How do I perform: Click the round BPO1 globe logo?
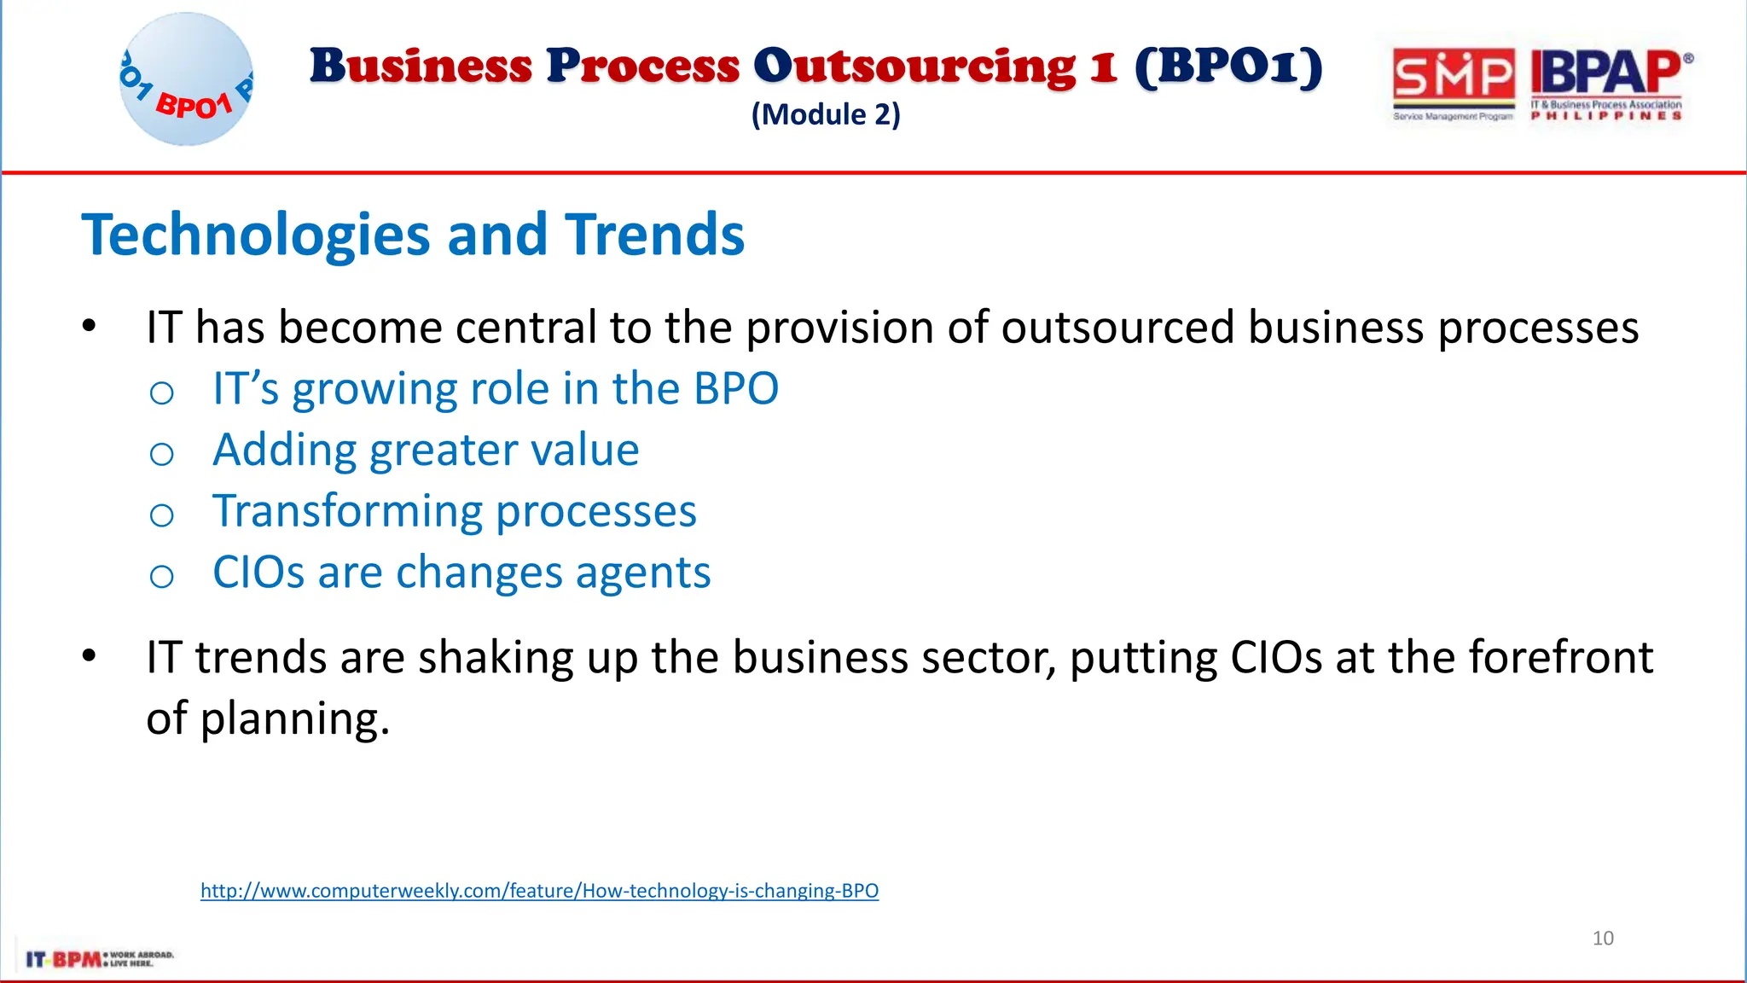click(186, 79)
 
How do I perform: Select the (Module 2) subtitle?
click(825, 114)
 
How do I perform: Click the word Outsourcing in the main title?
click(914, 67)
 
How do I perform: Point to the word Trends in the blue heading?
click(654, 235)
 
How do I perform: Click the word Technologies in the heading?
click(255, 235)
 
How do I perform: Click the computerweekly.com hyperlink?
click(539, 891)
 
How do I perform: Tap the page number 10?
click(1603, 939)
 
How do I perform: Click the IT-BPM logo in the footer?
click(98, 959)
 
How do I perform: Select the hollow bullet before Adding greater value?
click(161, 454)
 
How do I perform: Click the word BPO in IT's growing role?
click(735, 389)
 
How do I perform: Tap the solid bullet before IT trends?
click(89, 656)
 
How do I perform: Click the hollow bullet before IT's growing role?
click(161, 393)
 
